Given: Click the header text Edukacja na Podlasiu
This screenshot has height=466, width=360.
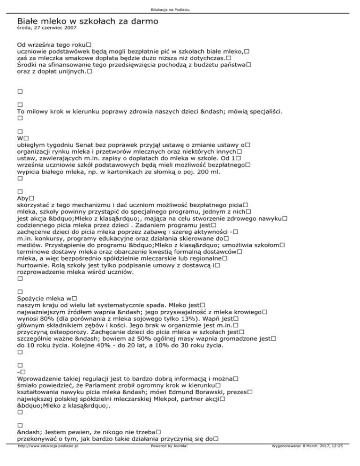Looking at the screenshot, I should (x=180, y=9).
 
